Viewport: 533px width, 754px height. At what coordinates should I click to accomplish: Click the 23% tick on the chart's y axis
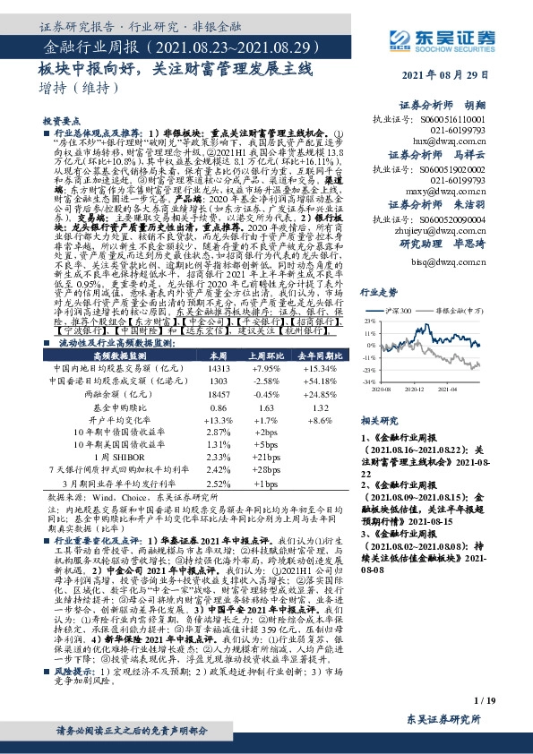coord(366,320)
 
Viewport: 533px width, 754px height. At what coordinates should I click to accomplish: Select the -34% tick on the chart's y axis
coord(366,381)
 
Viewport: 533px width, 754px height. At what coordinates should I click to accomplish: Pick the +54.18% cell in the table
coord(316,381)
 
